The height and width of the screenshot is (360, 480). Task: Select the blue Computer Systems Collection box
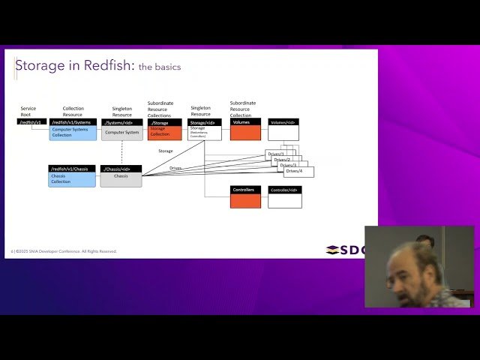[73, 130]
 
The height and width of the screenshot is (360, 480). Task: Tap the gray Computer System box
[121, 130]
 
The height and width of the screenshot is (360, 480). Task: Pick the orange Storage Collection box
[164, 130]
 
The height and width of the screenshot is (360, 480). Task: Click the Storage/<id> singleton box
[204, 130]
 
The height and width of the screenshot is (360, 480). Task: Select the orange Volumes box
[245, 130]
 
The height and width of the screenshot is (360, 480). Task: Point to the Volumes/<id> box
[283, 130]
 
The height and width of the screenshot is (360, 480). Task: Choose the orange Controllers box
[245, 197]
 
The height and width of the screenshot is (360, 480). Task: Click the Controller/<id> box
[284, 197]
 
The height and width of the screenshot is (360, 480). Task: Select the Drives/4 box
[299, 172]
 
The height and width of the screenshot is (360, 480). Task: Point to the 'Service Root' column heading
[28, 111]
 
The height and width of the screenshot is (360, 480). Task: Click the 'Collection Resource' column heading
[73, 111]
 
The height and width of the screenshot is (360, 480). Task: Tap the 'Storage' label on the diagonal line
[166, 151]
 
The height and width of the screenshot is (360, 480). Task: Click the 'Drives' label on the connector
[175, 168]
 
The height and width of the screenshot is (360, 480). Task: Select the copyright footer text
[64, 251]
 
